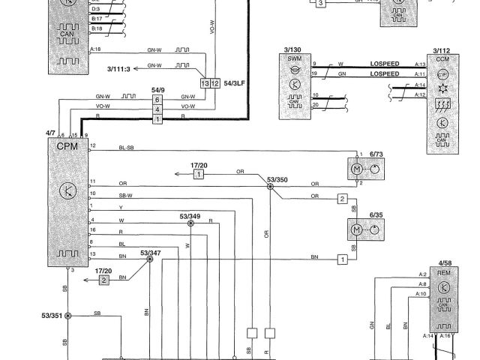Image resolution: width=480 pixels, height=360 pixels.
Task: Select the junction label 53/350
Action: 277,180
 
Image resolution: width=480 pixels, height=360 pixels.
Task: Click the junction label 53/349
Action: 190,216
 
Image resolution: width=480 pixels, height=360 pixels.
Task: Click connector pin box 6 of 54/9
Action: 157,100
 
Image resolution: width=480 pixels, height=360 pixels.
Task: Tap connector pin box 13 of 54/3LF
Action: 206,82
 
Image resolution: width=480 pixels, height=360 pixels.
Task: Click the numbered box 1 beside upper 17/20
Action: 199,174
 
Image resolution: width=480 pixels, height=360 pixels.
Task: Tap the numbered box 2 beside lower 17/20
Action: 104,280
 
